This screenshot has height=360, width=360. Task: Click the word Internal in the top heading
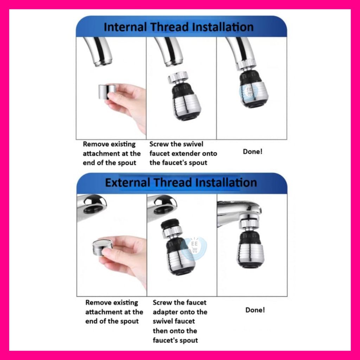pos(125,27)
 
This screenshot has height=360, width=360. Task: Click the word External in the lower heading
pos(127,182)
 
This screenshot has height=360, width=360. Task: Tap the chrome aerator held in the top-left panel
pos(107,92)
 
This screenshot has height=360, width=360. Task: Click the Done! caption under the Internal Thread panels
pos(252,152)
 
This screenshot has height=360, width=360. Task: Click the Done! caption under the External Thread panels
pos(255,310)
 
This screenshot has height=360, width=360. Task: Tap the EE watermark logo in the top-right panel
pos(249,91)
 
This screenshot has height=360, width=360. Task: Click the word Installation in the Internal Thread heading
pos(223,27)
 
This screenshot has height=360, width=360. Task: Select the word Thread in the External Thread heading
pos(172,182)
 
